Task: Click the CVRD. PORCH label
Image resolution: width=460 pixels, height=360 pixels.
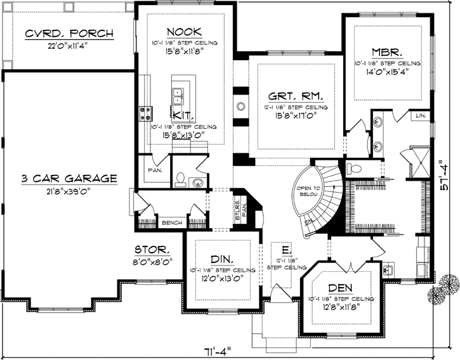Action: click(x=69, y=33)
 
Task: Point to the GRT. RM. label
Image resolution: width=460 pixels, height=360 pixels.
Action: click(x=296, y=97)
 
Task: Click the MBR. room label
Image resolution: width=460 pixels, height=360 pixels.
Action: click(x=388, y=51)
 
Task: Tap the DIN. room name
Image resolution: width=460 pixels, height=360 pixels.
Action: click(x=222, y=259)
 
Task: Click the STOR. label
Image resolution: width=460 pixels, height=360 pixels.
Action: click(x=151, y=249)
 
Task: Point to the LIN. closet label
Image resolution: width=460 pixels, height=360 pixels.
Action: click(x=421, y=116)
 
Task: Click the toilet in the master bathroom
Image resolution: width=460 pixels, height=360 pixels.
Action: click(x=355, y=168)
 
